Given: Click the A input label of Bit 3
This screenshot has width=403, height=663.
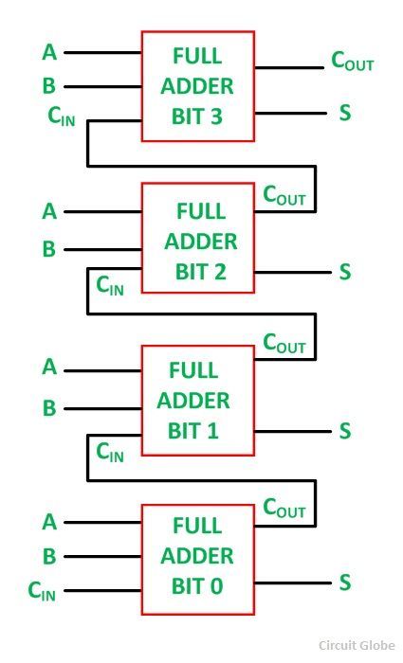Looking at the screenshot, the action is pyautogui.click(x=49, y=52).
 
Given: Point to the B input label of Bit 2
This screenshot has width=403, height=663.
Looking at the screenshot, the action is pyautogui.click(x=49, y=249).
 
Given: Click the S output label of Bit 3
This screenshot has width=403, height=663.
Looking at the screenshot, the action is pyautogui.click(x=345, y=113).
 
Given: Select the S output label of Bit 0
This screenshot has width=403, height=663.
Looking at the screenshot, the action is pyautogui.click(x=345, y=582).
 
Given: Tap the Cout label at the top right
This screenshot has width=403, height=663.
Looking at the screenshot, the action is pyautogui.click(x=352, y=61).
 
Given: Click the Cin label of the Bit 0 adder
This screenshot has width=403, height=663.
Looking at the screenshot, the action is pyautogui.click(x=42, y=591).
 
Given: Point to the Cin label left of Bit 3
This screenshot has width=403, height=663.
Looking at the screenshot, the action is pyautogui.click(x=62, y=116).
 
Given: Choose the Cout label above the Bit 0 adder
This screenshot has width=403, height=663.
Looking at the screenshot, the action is pyautogui.click(x=284, y=508).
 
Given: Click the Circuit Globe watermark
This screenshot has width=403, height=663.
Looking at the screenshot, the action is pyautogui.click(x=357, y=645).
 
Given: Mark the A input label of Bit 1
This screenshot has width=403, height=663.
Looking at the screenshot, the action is pyautogui.click(x=49, y=367).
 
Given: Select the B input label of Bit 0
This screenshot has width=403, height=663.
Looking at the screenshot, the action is pyautogui.click(x=49, y=557).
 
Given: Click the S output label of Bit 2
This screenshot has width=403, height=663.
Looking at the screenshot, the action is pyautogui.click(x=345, y=272).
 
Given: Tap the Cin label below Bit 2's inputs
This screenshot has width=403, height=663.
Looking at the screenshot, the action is pyautogui.click(x=110, y=285).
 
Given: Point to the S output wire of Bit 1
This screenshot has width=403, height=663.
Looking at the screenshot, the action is pyautogui.click(x=293, y=432).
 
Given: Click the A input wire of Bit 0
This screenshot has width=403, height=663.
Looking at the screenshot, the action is pyautogui.click(x=102, y=522).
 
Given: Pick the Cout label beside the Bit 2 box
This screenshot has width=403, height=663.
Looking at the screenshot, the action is pyautogui.click(x=284, y=196).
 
